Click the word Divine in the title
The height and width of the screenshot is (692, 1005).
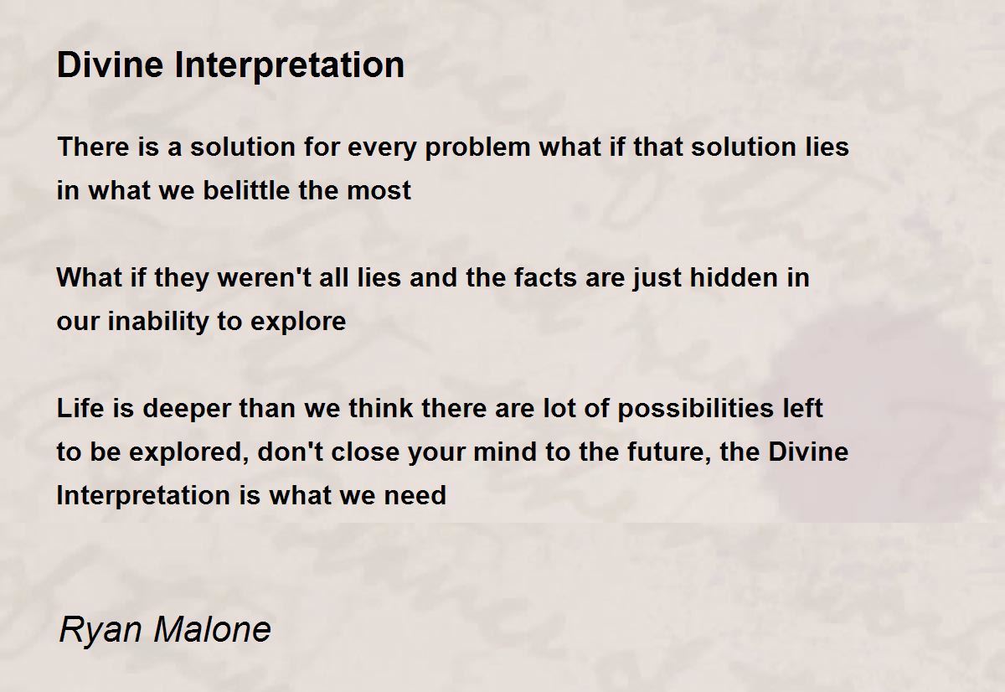pyautogui.click(x=110, y=65)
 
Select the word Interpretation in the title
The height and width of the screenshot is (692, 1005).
pyautogui.click(x=290, y=65)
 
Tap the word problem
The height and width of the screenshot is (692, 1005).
pyautogui.click(x=477, y=148)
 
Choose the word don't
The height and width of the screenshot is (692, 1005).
pyautogui.click(x=291, y=452)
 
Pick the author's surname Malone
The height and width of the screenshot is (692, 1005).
pyautogui.click(x=212, y=629)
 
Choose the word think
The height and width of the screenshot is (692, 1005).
pyautogui.click(x=380, y=408)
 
